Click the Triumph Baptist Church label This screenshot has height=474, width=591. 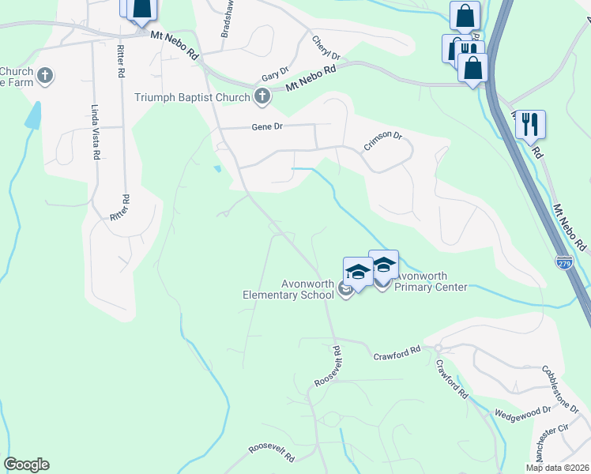point(193,97)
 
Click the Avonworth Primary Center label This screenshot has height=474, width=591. point(431,281)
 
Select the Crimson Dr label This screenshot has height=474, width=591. point(383,141)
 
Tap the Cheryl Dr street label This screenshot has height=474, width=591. point(326,47)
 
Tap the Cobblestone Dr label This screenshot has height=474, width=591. point(561,386)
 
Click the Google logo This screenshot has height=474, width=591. point(26,465)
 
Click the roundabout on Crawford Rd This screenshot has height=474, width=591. point(437,348)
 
